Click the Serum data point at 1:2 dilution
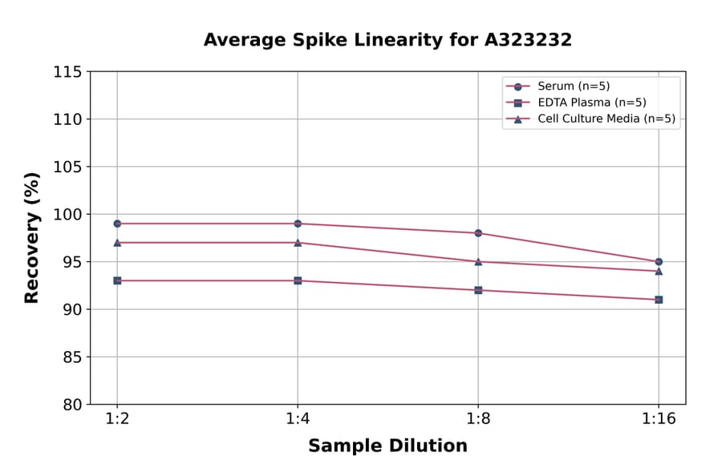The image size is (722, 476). coord(117,224)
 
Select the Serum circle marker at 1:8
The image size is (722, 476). coord(478,233)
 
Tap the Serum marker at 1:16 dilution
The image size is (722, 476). coord(659,261)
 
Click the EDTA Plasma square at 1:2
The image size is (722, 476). coord(117,280)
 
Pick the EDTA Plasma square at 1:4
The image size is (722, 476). coord(298,280)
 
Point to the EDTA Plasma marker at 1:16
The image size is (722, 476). coord(659,300)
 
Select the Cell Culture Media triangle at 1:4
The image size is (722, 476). coord(298,242)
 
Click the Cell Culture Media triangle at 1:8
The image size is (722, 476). coord(478,261)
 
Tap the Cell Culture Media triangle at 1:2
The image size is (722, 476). coord(117,242)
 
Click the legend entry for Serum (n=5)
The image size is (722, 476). coord(568,86)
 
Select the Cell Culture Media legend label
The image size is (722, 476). coord(606,119)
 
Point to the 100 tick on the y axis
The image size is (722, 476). coord(67,215)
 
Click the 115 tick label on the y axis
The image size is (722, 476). coord(67,72)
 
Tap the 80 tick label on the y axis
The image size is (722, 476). coord(71,405)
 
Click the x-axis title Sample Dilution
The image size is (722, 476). coord(387,446)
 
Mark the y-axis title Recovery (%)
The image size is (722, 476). coord(32,238)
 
